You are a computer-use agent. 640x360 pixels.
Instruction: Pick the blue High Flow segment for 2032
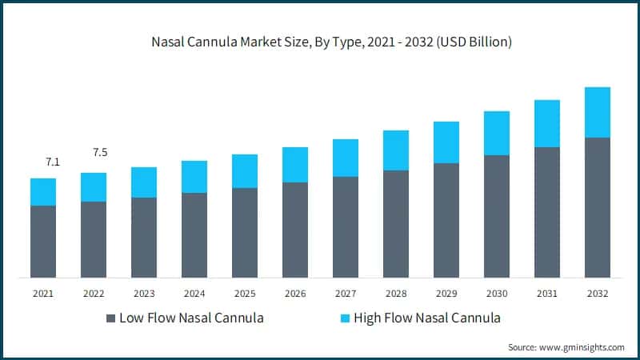(x=598, y=112)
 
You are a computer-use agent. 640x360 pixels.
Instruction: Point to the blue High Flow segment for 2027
(x=346, y=158)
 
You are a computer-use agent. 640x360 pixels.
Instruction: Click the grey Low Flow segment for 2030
(x=497, y=216)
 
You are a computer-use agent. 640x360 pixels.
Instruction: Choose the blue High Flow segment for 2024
(x=194, y=177)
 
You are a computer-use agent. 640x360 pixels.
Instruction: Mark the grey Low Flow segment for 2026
(x=295, y=230)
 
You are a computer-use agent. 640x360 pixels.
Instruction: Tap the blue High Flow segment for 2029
(x=446, y=142)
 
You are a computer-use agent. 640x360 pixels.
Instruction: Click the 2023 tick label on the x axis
(x=144, y=294)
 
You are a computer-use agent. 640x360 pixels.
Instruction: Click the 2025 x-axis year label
(x=245, y=294)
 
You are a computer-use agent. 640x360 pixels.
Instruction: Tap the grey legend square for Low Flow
(x=111, y=318)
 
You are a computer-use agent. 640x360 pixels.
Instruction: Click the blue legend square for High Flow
(x=345, y=318)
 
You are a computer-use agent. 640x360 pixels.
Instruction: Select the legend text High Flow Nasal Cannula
(x=428, y=318)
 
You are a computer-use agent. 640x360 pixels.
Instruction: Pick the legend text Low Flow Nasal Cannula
(x=191, y=318)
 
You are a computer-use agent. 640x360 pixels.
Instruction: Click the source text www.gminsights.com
(x=566, y=347)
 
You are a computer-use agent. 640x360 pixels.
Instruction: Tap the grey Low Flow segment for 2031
(x=547, y=212)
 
